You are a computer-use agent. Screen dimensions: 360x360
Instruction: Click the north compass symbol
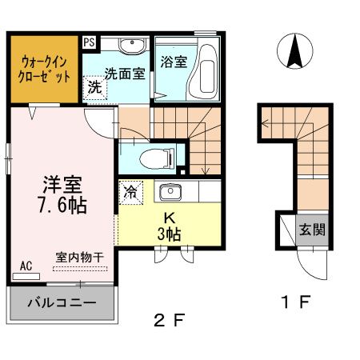(x=294, y=53)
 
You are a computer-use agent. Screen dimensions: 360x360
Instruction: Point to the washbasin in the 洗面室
(x=131, y=46)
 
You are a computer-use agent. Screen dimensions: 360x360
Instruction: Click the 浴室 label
(x=173, y=62)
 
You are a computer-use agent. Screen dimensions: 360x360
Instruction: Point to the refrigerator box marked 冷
(x=130, y=192)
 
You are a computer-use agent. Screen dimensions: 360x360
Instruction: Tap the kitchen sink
(x=169, y=193)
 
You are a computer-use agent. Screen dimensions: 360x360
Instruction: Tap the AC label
(x=26, y=265)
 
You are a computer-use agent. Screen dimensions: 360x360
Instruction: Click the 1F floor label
(x=293, y=303)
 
